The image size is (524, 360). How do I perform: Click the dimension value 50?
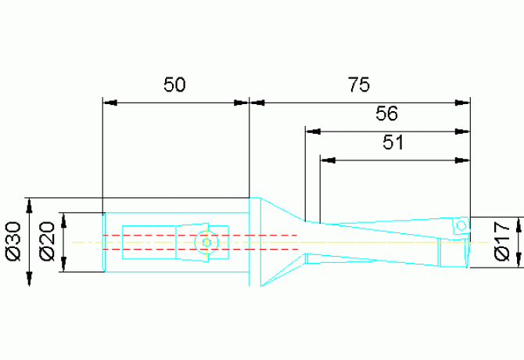(174, 85)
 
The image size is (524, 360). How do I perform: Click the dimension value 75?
(359, 85)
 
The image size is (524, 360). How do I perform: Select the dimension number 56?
(386, 113)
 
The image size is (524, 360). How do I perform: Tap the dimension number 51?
(393, 142)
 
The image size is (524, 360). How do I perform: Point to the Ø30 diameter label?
(14, 241)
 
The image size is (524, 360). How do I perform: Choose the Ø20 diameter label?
(47, 241)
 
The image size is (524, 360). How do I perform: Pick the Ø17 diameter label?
(502, 241)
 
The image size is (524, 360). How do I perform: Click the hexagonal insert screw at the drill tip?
(461, 225)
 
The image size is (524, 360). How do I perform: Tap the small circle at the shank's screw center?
(206, 243)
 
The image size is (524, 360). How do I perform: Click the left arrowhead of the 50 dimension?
(110, 103)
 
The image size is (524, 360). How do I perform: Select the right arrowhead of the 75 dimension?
(463, 103)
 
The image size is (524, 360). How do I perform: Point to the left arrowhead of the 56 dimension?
(313, 131)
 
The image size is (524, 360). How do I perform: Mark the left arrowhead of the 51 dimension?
(328, 160)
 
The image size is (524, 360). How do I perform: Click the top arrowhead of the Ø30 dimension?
(30, 205)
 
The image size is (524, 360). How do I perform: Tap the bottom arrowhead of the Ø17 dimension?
(519, 260)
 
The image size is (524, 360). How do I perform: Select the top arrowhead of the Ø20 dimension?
(63, 220)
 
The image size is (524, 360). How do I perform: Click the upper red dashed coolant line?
(200, 236)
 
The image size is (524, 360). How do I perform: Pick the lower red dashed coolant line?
(200, 250)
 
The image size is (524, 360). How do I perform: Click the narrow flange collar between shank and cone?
(255, 242)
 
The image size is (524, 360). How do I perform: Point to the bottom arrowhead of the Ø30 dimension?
(30, 279)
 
